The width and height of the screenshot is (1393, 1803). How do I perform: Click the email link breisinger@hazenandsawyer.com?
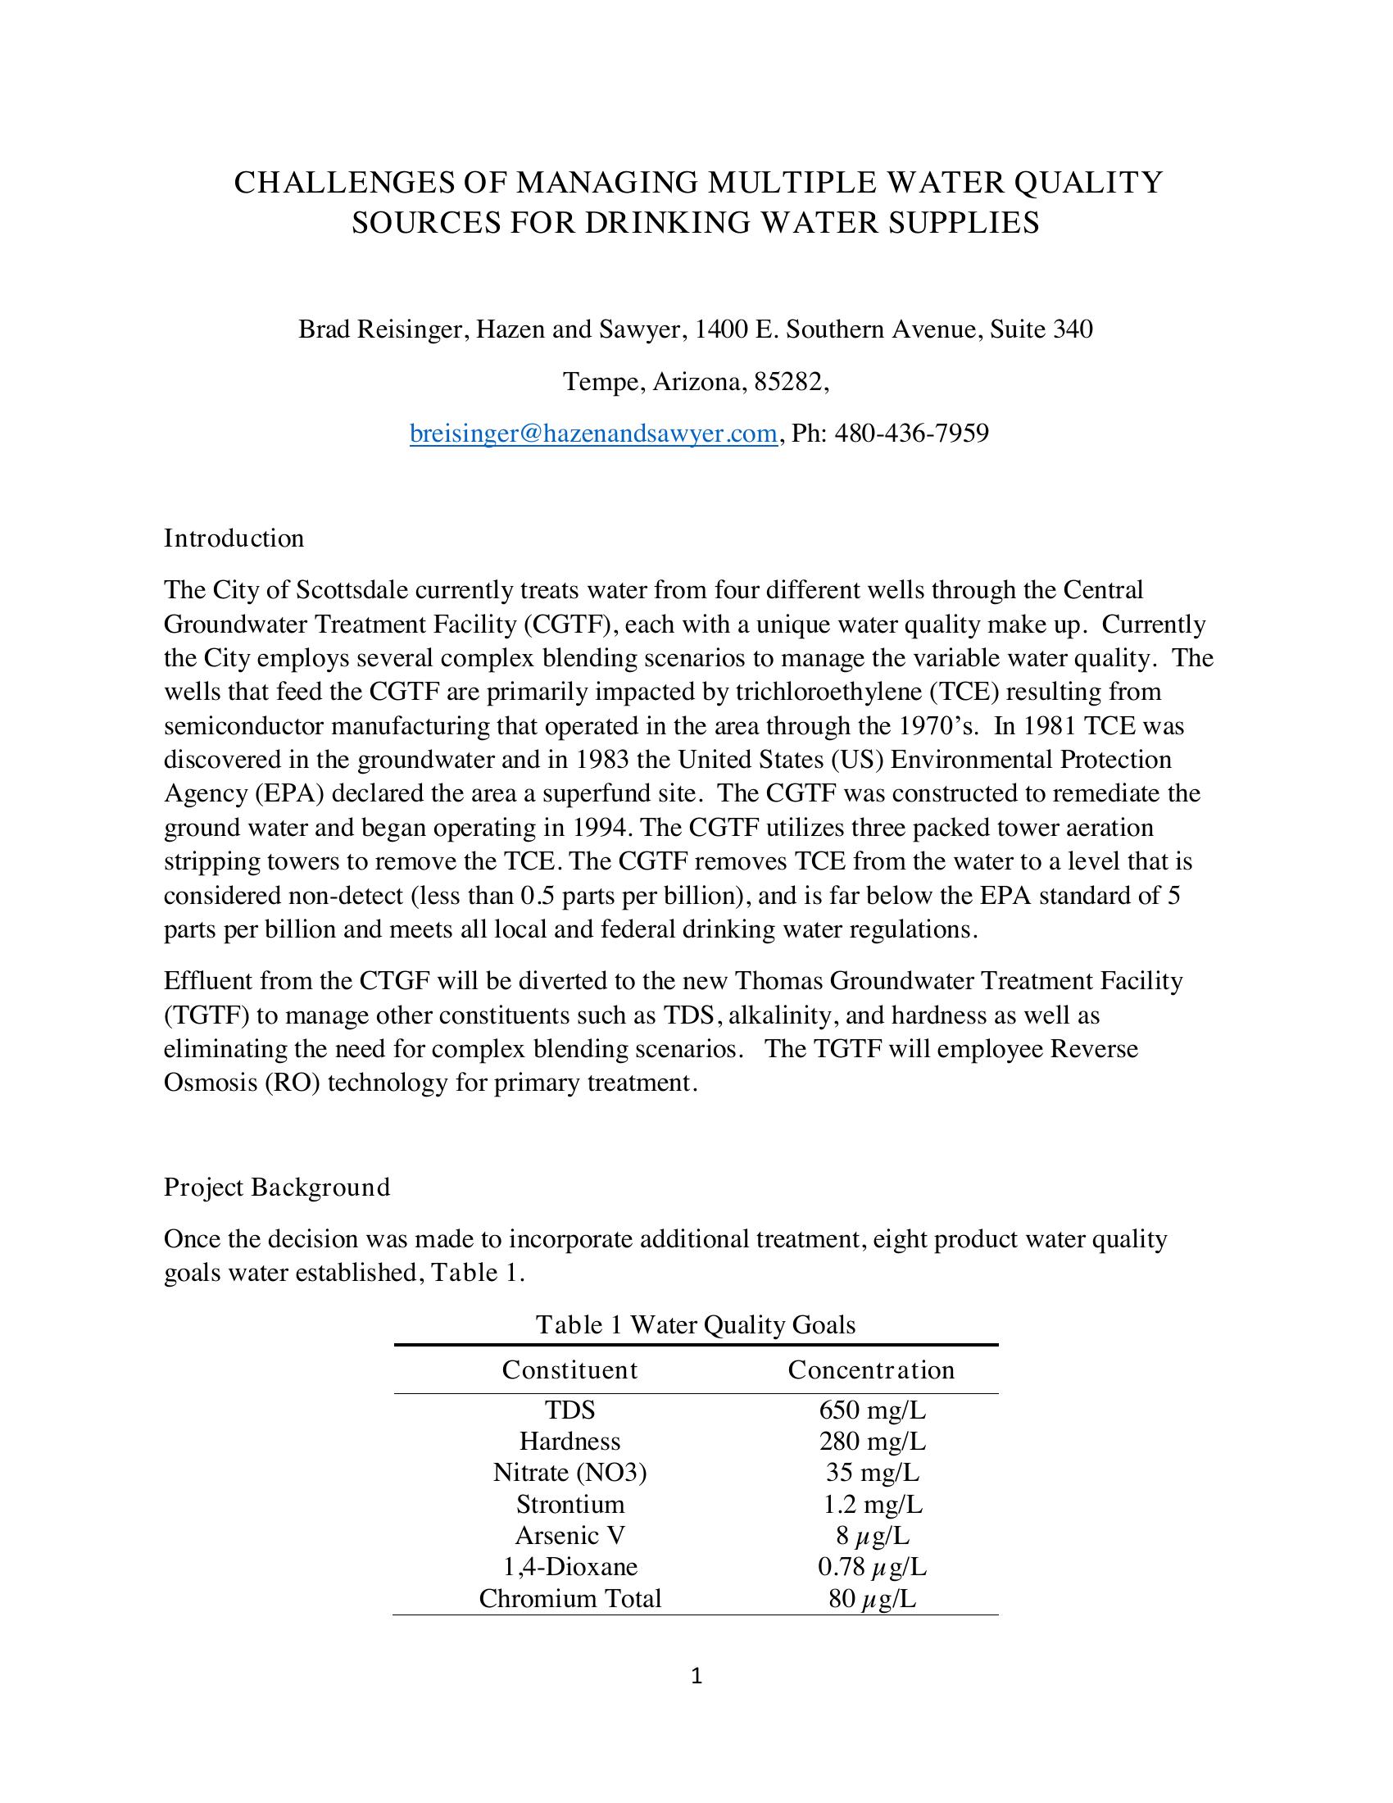[x=592, y=433]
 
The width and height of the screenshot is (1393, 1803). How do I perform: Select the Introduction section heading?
[x=234, y=538]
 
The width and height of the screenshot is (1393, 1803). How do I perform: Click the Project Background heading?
[x=276, y=1188]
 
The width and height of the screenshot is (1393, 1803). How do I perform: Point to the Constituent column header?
[x=569, y=1369]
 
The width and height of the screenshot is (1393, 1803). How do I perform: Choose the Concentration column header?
[x=870, y=1369]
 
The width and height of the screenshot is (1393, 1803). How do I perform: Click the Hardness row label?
[x=569, y=1441]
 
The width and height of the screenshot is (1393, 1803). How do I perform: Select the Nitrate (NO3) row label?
[x=569, y=1472]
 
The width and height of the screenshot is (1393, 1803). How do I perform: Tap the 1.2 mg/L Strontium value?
[x=873, y=1503]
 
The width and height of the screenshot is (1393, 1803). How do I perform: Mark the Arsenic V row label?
[x=569, y=1535]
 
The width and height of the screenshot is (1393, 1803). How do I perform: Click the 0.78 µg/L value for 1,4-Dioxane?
[x=873, y=1566]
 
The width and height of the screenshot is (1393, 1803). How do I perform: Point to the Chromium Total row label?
[x=569, y=1598]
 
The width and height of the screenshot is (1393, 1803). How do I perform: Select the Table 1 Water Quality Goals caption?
[x=695, y=1325]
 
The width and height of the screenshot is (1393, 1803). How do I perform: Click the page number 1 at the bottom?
[x=696, y=1676]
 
